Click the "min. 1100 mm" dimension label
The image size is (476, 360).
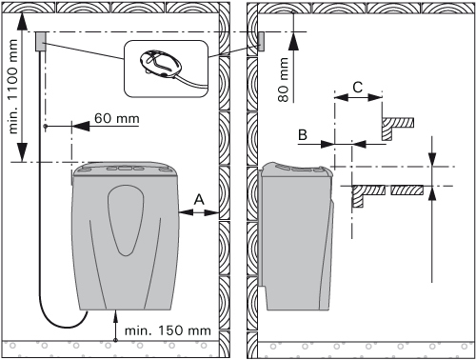pyautogui.click(x=12, y=87)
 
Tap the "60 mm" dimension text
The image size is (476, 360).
pyautogui.click(x=117, y=118)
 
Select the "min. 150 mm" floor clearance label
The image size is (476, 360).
pyautogui.click(x=168, y=330)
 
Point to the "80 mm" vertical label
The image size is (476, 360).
pyautogui.click(x=283, y=80)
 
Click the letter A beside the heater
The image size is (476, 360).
pyautogui.click(x=199, y=200)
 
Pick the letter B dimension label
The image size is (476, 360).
pyautogui.click(x=303, y=134)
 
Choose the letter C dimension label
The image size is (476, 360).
pyautogui.click(x=358, y=87)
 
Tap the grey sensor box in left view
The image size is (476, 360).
pyautogui.click(x=41, y=41)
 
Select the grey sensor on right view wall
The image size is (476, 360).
pyautogui.click(x=261, y=41)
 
